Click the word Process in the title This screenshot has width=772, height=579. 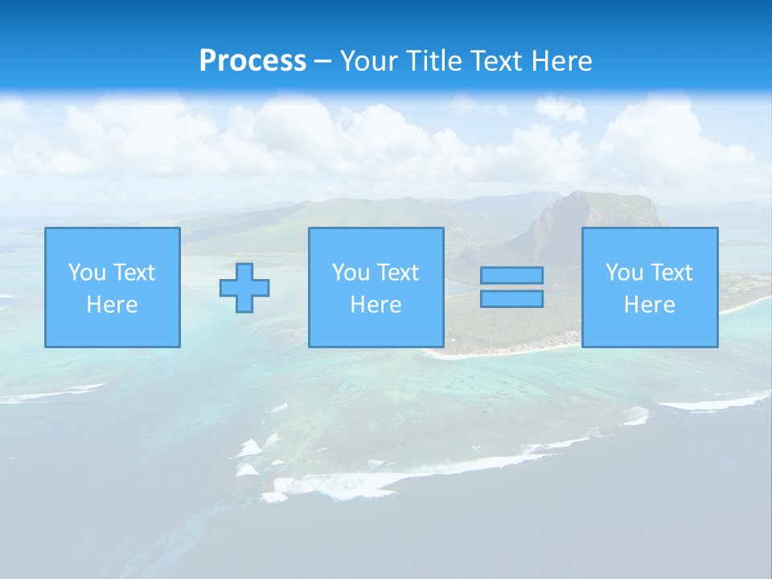pyautogui.click(x=253, y=61)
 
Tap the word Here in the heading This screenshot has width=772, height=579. pyautogui.click(x=559, y=61)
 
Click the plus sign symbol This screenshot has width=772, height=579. pyautogui.click(x=244, y=287)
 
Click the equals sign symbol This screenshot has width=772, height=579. pyautogui.click(x=511, y=287)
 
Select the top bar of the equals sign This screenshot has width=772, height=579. pyautogui.click(x=511, y=276)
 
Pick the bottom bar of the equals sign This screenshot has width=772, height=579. pyautogui.click(x=511, y=298)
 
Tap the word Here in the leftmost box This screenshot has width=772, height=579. pyautogui.click(x=113, y=305)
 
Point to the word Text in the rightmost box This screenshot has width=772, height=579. pyautogui.click(x=672, y=273)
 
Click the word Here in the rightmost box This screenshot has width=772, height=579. pyautogui.click(x=650, y=305)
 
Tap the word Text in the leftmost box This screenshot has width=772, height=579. pyautogui.click(x=134, y=273)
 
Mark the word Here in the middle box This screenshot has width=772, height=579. pyautogui.click(x=376, y=305)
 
